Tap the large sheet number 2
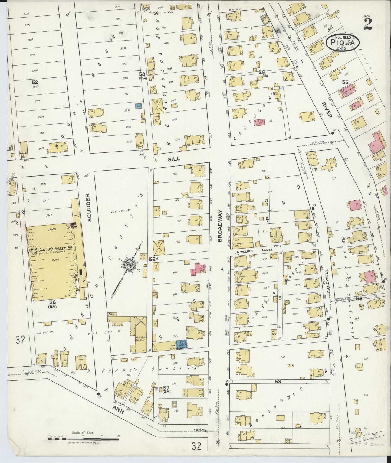pyautogui.click(x=368, y=25)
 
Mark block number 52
pyautogui.click(x=35, y=82)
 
